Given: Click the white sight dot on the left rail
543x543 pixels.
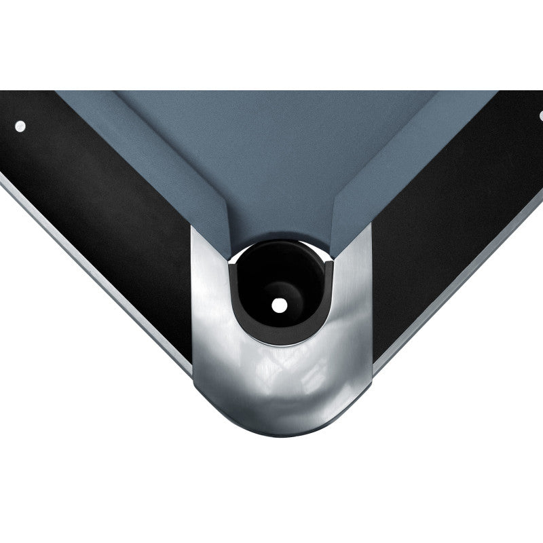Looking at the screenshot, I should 20,126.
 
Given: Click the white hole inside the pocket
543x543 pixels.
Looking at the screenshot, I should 279,305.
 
